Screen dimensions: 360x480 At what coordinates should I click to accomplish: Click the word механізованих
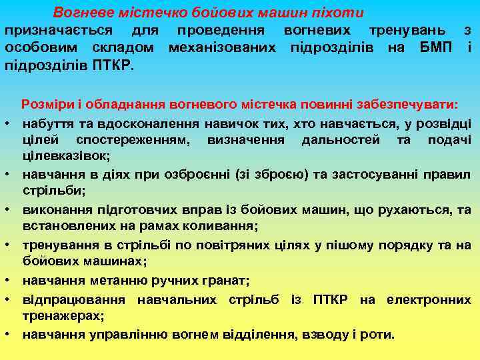[225, 48]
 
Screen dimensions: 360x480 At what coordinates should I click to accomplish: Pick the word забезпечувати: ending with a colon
[409, 104]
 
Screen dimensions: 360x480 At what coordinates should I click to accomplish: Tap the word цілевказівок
[66, 157]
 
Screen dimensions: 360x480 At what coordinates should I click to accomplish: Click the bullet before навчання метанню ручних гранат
[12, 280]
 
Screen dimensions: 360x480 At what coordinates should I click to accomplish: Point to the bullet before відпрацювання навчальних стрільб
[12, 298]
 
